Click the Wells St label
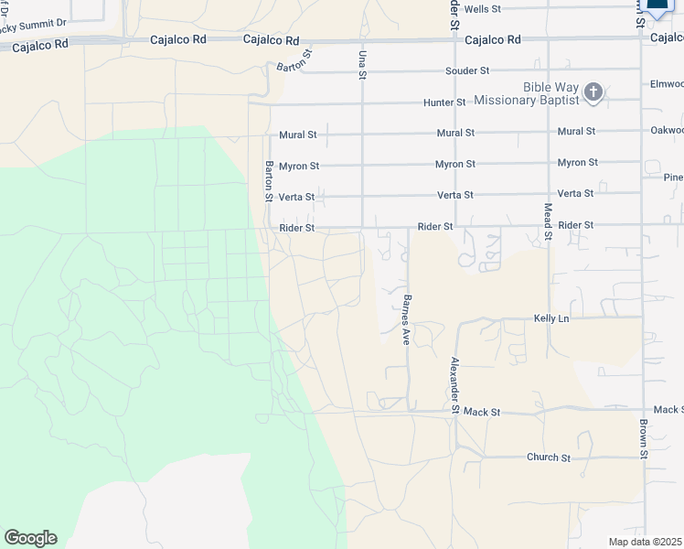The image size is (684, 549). pyautogui.click(x=483, y=8)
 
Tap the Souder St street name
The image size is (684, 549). pyautogui.click(x=467, y=70)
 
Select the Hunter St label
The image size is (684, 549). pyautogui.click(x=444, y=102)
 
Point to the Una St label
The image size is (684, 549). pyautogui.click(x=362, y=63)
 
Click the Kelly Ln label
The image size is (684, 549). pyautogui.click(x=551, y=318)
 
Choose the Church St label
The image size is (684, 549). pyautogui.click(x=549, y=457)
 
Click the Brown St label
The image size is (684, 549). pyautogui.click(x=644, y=439)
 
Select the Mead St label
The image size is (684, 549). pyautogui.click(x=548, y=222)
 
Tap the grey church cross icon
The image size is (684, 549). pyautogui.click(x=593, y=92)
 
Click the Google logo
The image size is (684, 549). pyautogui.click(x=30, y=538)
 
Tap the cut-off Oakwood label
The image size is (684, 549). pyautogui.click(x=665, y=130)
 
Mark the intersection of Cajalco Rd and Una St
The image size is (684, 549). pyautogui.click(x=363, y=41)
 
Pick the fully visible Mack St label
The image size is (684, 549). pyautogui.click(x=482, y=413)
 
